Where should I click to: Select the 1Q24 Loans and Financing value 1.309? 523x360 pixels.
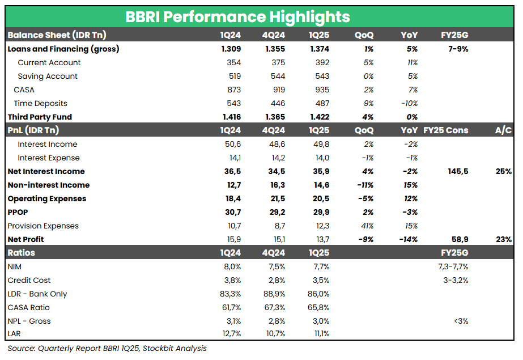[231, 49]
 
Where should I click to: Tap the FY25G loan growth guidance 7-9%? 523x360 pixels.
[457, 49]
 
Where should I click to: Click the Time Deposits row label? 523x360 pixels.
[40, 104]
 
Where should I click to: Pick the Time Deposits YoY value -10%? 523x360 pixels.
[409, 104]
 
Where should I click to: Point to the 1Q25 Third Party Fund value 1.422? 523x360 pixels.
[318, 117]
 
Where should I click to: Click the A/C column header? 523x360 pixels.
[503, 131]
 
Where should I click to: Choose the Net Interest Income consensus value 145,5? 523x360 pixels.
[457, 172]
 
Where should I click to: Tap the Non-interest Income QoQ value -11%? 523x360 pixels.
[365, 185]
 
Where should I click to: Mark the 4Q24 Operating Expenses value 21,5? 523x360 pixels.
[275, 199]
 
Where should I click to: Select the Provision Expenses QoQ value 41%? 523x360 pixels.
[367, 226]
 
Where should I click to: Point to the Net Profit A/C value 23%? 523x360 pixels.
[503, 240]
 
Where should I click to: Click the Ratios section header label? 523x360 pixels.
[21, 253]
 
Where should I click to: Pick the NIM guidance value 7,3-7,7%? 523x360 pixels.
[452, 267]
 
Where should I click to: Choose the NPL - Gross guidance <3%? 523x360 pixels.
[460, 321]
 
